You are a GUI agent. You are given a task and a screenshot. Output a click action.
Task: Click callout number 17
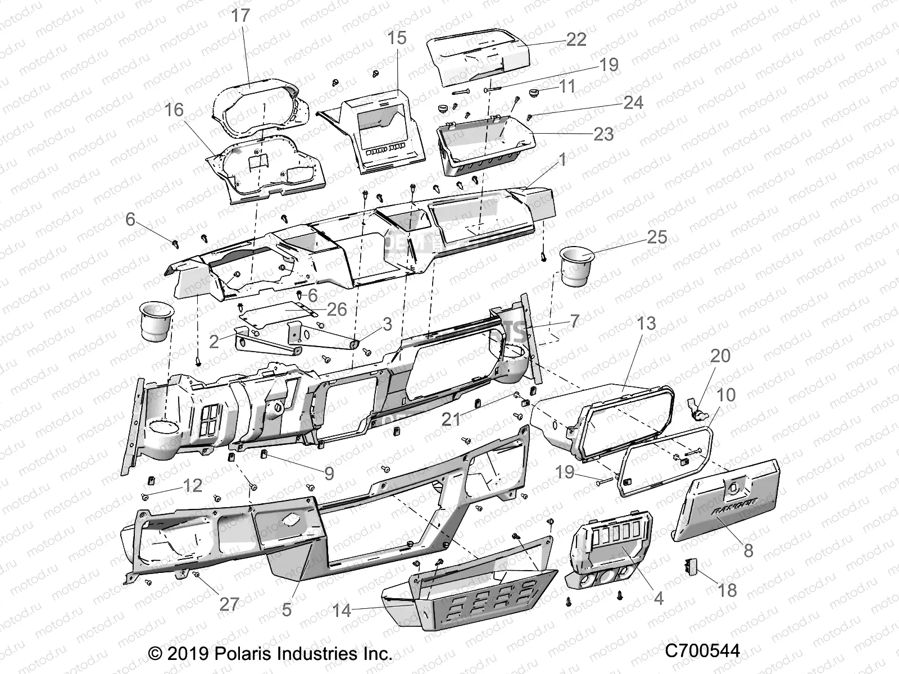click(x=240, y=15)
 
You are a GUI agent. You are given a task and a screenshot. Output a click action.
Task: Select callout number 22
click(x=576, y=39)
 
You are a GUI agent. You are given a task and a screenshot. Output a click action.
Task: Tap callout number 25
click(x=656, y=237)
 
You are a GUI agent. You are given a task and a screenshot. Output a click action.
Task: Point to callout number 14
click(x=341, y=610)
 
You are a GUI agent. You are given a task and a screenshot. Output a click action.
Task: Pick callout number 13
click(x=646, y=324)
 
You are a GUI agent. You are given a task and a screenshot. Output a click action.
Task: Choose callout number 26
click(x=337, y=309)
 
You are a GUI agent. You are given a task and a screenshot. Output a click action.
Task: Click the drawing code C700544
click(x=702, y=651)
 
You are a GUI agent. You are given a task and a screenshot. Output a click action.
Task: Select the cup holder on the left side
click(x=156, y=322)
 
